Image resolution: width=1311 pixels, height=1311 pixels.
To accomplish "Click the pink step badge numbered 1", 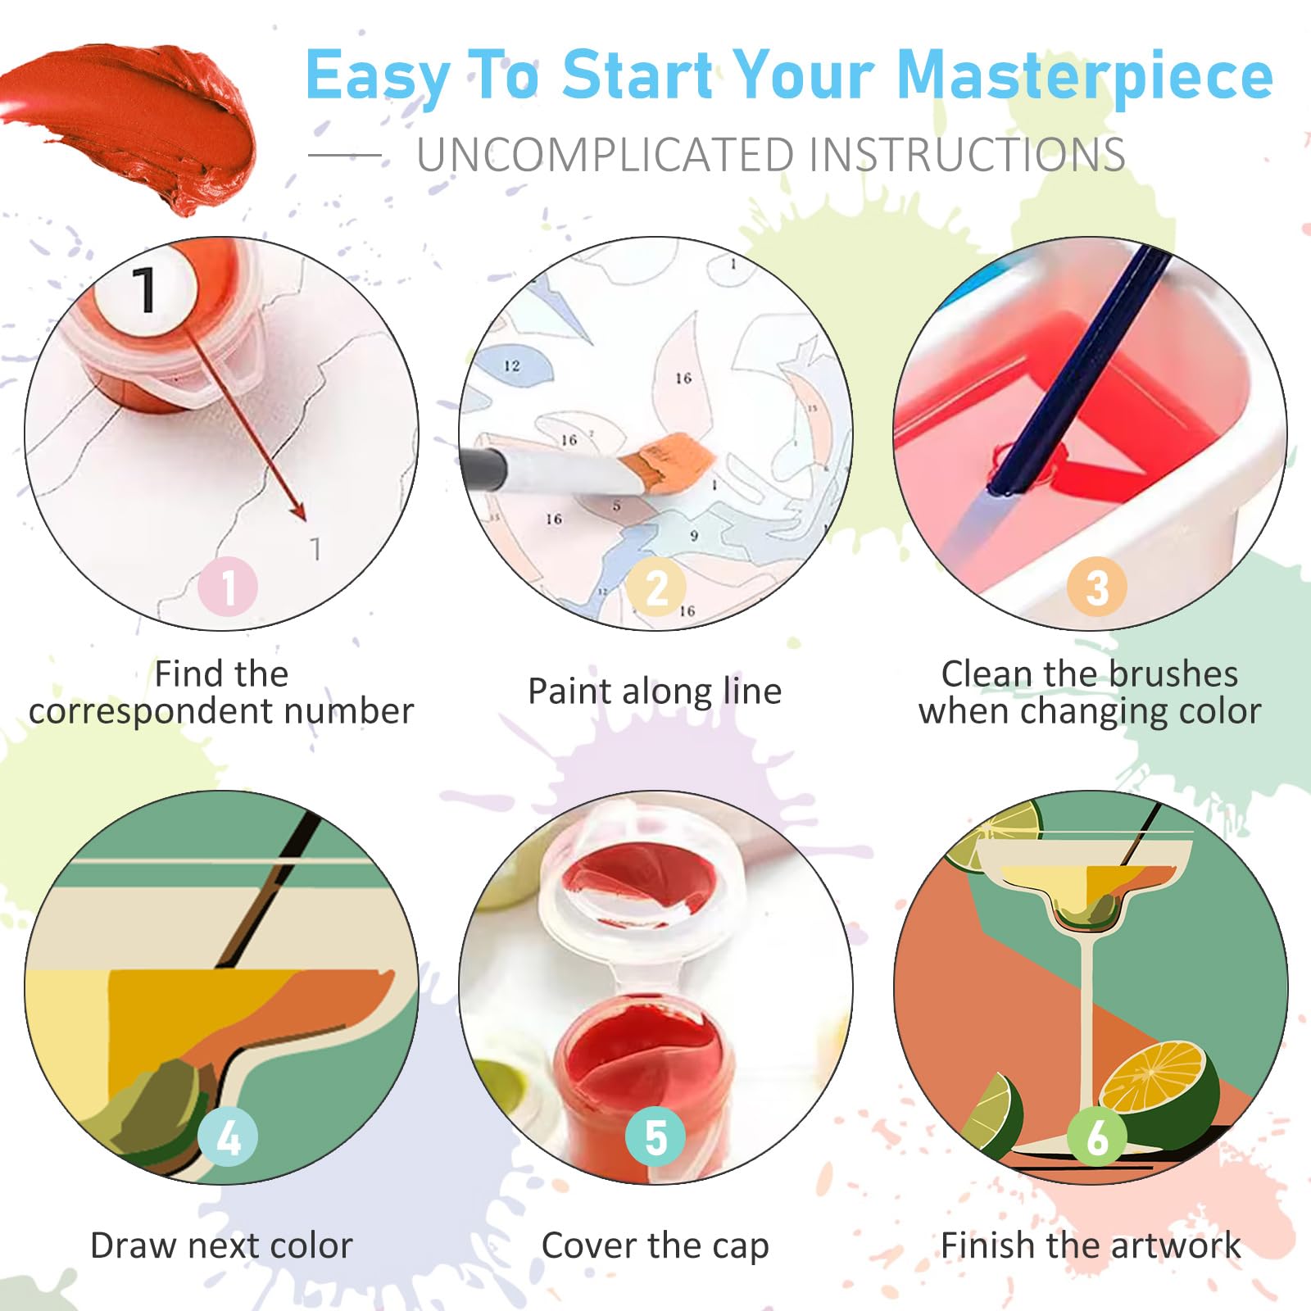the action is point(228,587).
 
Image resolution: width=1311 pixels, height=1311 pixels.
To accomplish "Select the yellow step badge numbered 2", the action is point(656,587).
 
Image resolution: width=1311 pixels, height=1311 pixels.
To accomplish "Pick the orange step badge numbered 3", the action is point(1097,587).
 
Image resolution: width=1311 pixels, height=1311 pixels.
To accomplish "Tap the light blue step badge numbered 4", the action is point(228,1136).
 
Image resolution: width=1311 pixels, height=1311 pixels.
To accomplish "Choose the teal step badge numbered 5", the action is point(655,1136).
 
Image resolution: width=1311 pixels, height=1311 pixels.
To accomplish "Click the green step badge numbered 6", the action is point(1097,1136).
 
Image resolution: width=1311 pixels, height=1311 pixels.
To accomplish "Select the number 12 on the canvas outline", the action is point(512,365).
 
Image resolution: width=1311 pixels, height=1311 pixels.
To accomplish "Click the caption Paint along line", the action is point(655,692).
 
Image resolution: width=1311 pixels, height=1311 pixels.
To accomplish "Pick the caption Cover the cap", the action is point(655,1246).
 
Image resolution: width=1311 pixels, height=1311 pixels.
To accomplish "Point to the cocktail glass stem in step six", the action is point(1087,1041).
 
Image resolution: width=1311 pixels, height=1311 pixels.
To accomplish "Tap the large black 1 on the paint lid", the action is point(144,290).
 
